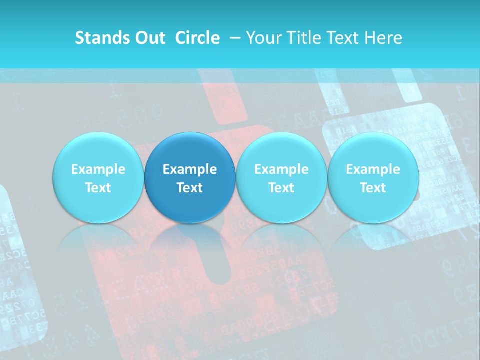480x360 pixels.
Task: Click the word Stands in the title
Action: click(x=102, y=38)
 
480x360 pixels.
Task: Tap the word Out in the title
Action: click(x=149, y=38)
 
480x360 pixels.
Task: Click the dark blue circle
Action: click(x=189, y=177)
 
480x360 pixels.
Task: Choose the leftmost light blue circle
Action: click(x=98, y=177)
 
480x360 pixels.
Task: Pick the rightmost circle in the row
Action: click(x=373, y=177)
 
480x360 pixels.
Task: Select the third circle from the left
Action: click(x=281, y=177)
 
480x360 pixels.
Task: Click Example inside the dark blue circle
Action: click(x=189, y=169)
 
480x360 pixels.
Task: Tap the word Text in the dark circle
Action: click(x=189, y=188)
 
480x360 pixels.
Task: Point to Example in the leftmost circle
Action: click(x=98, y=169)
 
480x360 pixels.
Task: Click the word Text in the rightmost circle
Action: click(x=373, y=188)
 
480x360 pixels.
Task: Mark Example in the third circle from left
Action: click(x=281, y=169)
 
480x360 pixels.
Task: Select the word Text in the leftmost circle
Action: click(x=98, y=188)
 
